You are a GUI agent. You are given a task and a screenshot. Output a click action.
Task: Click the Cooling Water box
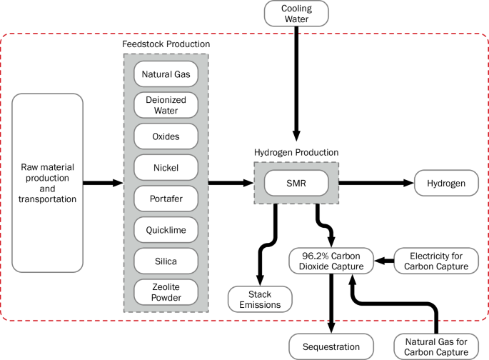coord(296,14)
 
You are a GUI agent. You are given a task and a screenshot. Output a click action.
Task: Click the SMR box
coord(296,184)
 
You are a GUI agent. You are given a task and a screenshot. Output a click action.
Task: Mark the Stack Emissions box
coord(260,299)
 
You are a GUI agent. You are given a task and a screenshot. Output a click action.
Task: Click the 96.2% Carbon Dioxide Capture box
coord(332,261)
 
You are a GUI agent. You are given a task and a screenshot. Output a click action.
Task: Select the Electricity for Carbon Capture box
coord(435,261)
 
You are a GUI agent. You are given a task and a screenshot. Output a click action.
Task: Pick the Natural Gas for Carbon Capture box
coord(435,346)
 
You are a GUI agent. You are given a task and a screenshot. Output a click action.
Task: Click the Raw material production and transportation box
coord(48,183)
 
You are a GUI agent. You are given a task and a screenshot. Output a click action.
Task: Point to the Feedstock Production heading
coord(166,44)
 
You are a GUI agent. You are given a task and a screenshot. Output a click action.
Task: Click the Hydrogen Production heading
coord(296,152)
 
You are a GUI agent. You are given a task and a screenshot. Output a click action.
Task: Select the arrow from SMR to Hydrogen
coord(375,184)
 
